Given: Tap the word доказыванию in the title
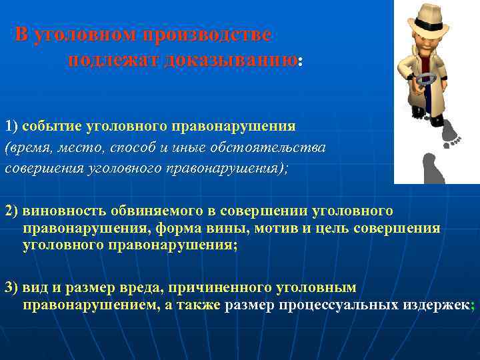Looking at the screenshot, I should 231,59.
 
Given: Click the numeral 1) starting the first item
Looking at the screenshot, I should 12,125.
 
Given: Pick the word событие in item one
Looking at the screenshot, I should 48,125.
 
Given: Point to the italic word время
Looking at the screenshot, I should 31,147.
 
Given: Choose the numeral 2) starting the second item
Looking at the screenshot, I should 12,211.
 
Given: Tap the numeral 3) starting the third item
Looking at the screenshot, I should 12,287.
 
